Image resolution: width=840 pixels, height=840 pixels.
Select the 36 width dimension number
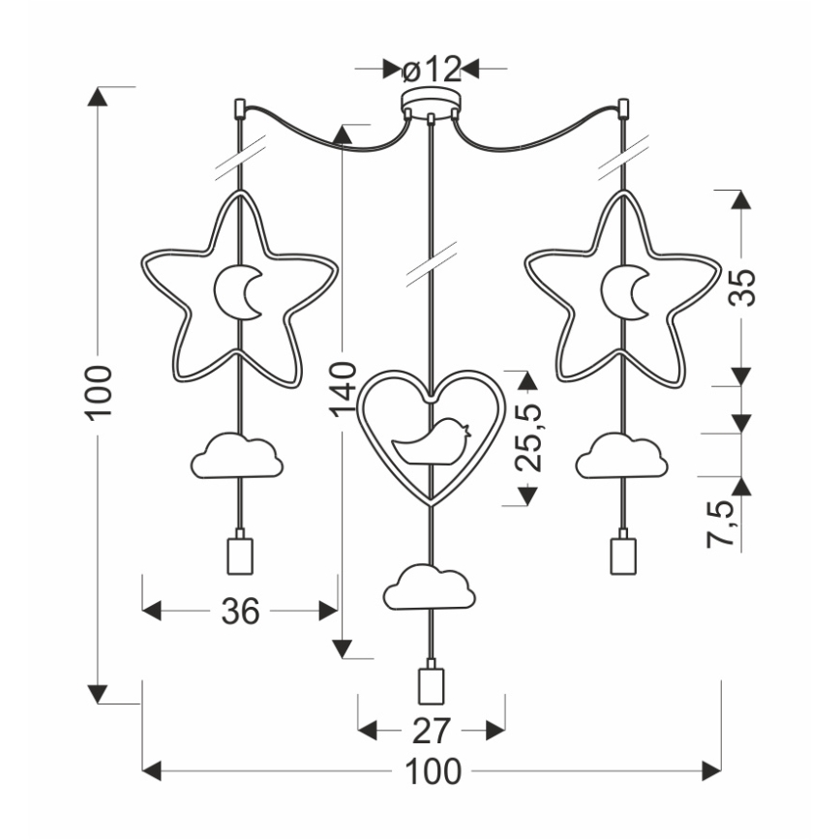(240, 611)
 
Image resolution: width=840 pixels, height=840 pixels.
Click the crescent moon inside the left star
(237, 291)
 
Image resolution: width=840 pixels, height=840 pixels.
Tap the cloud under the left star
(237, 456)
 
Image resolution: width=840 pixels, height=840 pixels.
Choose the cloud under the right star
(621, 456)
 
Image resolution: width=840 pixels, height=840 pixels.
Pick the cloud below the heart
(430, 587)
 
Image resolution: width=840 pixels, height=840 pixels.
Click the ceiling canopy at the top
(431, 105)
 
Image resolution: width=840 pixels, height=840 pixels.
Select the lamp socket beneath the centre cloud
(431, 684)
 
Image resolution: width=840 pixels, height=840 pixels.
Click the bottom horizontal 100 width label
(433, 771)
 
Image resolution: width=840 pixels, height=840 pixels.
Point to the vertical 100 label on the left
(100, 392)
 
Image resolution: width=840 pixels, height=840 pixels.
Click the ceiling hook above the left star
(239, 105)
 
